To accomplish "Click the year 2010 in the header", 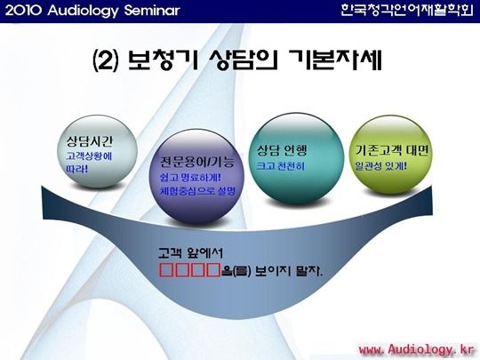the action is pos(23,11).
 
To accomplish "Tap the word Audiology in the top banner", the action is pos(83,12).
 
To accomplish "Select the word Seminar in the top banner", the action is pos(152,11).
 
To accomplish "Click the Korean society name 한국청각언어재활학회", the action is pos(407,11).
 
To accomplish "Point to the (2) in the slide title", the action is pos(106,60).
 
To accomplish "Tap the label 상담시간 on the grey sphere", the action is pos(90,141).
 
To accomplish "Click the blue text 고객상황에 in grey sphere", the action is pos(89,156).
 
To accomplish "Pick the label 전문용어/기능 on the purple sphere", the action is pos(197,162).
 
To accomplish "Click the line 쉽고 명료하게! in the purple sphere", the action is pos(190,178).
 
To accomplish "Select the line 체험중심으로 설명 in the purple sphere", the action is pos(197,191).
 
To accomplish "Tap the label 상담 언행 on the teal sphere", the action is pos(282,149).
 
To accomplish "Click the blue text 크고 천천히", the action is pos(280,166).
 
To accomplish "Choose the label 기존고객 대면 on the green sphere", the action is pos(391,150).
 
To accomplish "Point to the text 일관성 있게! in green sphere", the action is pos(381,166).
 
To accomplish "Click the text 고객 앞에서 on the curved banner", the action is pos(190,253).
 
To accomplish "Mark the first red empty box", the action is pos(166,269).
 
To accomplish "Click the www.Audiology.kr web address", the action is pos(417,349).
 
